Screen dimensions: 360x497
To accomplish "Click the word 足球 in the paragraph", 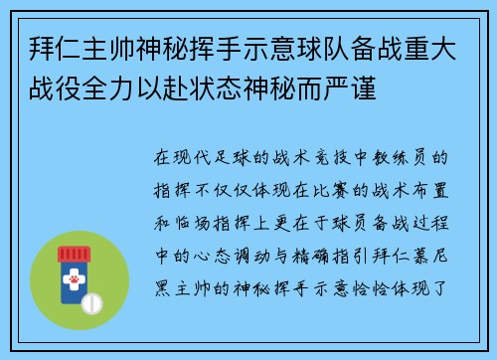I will coord(231,156).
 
